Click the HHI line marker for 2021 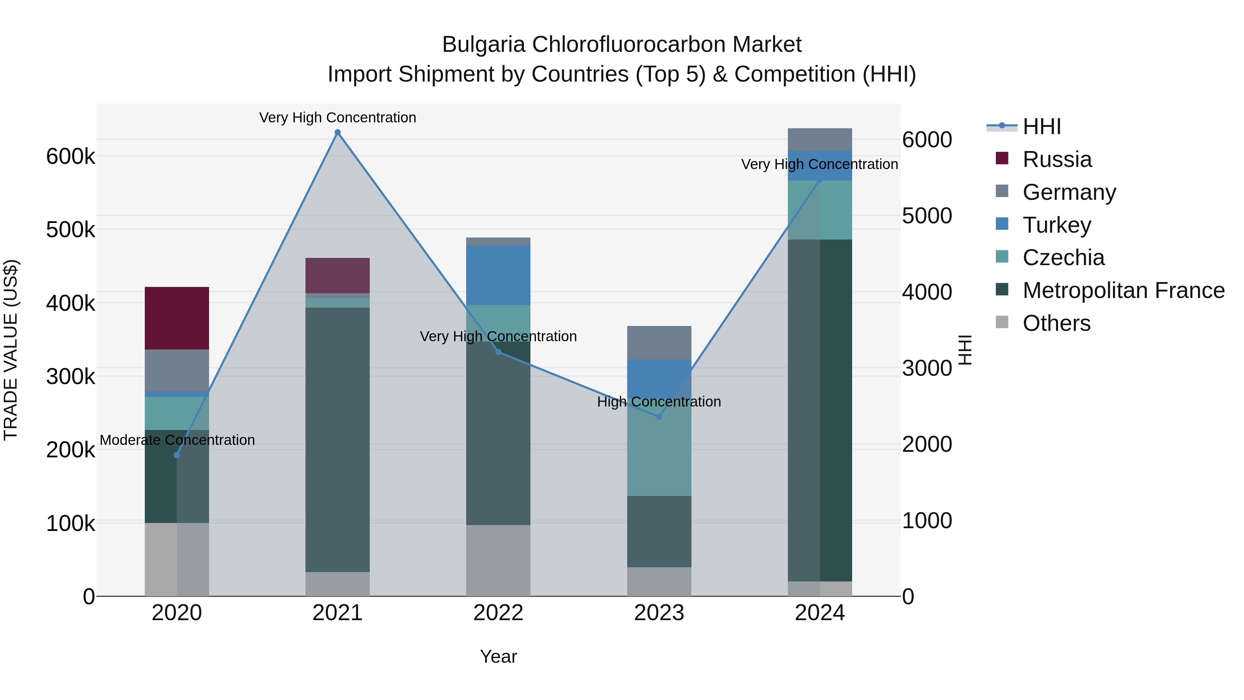(x=338, y=132)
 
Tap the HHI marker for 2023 (x=659, y=417)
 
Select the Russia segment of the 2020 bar (x=177, y=318)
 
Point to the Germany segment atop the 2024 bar (x=820, y=140)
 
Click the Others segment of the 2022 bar (x=498, y=560)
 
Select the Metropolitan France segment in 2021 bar (x=338, y=440)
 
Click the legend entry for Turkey (x=1057, y=225)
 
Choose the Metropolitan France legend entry (x=1123, y=291)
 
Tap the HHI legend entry (x=1041, y=127)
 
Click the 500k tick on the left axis (x=70, y=230)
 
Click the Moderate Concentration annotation (x=177, y=440)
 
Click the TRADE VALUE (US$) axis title (x=11, y=350)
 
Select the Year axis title (x=498, y=656)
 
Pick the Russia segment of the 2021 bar (x=338, y=276)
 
